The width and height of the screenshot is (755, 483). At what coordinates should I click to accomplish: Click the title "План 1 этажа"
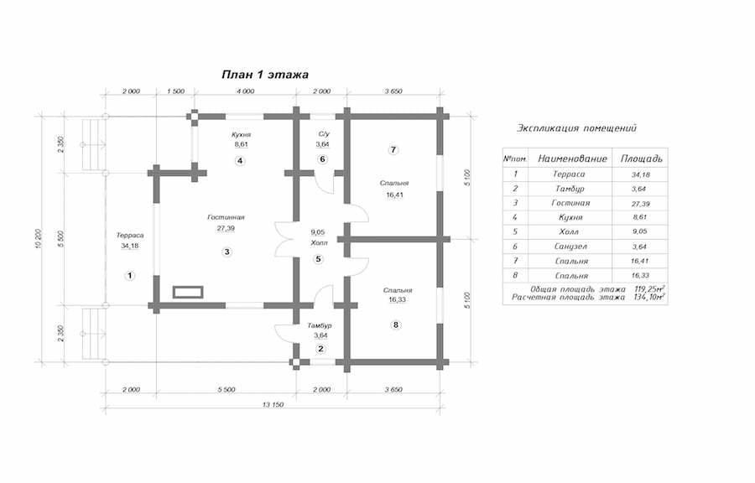[265, 75]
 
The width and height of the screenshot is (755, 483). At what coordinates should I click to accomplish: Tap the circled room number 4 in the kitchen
[240, 161]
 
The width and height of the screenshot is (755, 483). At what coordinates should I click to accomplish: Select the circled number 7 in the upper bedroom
[393, 150]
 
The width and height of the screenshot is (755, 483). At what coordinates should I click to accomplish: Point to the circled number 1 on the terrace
[129, 276]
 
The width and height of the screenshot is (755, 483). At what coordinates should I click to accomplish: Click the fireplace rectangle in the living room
[188, 292]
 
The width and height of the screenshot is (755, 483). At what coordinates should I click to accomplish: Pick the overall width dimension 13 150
[273, 404]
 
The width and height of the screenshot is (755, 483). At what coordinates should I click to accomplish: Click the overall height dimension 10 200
[40, 239]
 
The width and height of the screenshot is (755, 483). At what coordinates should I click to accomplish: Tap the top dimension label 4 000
[245, 91]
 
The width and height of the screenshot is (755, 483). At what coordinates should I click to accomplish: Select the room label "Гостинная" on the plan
[226, 217]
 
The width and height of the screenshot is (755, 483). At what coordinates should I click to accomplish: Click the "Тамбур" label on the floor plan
[320, 325]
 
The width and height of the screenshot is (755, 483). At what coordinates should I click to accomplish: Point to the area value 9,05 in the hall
[318, 232]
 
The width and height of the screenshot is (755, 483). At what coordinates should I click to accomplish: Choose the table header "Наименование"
[572, 158]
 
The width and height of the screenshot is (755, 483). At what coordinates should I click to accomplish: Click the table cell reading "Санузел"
[570, 247]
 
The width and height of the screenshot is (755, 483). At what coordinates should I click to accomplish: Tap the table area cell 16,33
[640, 276]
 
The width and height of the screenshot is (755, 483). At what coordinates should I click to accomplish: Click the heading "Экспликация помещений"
[577, 128]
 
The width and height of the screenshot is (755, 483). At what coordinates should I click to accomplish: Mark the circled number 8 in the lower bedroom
[396, 325]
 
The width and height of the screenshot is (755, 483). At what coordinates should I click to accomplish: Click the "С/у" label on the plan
[324, 133]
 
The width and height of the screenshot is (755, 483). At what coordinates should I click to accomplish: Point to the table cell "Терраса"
[569, 174]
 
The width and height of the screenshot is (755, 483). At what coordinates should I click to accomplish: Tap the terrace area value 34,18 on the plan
[130, 246]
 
